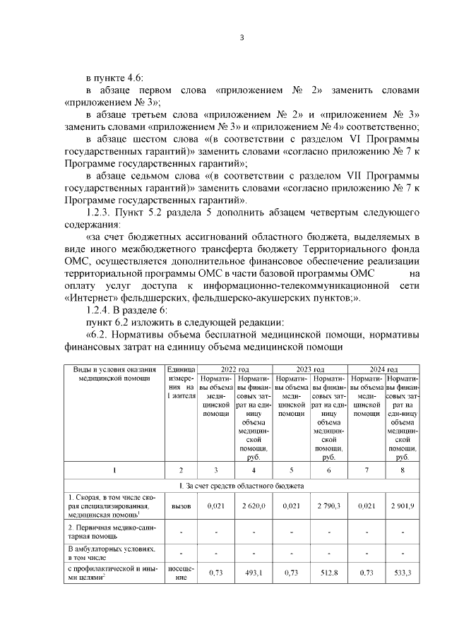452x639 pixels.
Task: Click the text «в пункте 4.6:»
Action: pyautogui.click(x=114, y=77)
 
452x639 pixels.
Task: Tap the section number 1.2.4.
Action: pyautogui.click(x=99, y=308)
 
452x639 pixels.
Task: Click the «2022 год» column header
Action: pyautogui.click(x=234, y=369)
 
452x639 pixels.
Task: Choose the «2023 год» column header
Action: pyautogui.click(x=309, y=369)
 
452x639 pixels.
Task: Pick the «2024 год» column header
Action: pyautogui.click(x=384, y=369)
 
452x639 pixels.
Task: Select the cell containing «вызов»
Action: pyautogui.click(x=181, y=506)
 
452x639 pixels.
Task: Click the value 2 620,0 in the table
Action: pyautogui.click(x=253, y=506)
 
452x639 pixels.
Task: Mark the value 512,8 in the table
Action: pyautogui.click(x=328, y=573)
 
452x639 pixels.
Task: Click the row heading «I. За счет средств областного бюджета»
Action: pyautogui.click(x=240, y=486)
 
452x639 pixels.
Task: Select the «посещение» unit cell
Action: pyautogui.click(x=181, y=573)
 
